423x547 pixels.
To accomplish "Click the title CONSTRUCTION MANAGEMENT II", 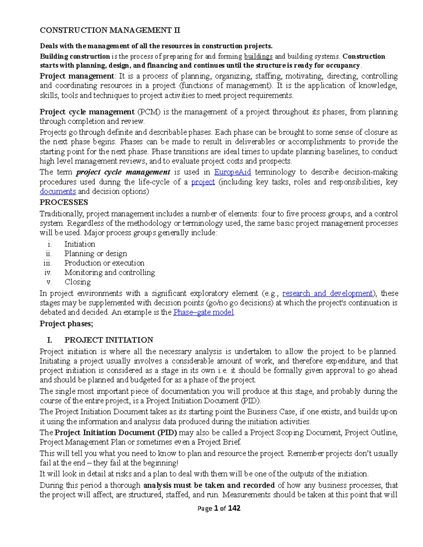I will tap(110, 30).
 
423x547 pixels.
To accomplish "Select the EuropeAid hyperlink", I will tap(233, 172).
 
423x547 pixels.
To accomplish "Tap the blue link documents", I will tap(58, 192).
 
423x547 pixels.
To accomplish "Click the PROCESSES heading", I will tap(64, 203).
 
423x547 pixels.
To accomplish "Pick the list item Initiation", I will tap(80, 244).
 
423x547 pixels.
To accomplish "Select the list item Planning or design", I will tap(96, 254).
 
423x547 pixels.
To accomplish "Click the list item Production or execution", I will tap(104, 263).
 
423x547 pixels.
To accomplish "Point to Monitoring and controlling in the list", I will tap(110, 273).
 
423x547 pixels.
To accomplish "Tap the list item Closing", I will tap(78, 282).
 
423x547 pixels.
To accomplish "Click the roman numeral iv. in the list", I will tap(48, 273).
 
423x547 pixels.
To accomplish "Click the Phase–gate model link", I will tap(203, 312).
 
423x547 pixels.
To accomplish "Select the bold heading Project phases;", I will tap(66, 324).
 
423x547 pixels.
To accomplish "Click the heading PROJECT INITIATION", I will tap(109, 340).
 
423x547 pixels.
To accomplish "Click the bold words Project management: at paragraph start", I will tap(77, 76).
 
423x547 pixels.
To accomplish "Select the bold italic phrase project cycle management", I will tap(123, 172).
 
